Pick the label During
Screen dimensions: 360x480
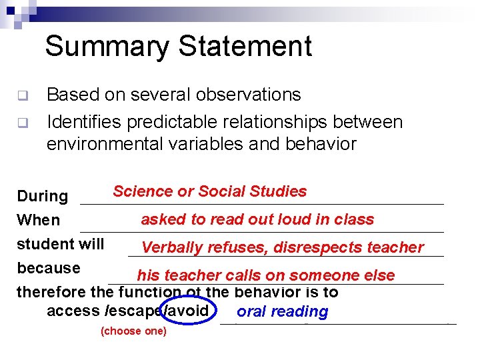[42, 196]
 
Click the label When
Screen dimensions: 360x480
[38, 220]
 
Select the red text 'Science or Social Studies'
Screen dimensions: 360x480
[209, 192]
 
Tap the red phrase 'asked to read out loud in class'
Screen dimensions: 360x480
[257, 219]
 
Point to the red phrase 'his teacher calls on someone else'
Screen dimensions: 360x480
[265, 275]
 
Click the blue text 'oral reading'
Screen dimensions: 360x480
[282, 311]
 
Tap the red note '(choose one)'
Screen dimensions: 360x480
[133, 331]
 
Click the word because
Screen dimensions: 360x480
[48, 268]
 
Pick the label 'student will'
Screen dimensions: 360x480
[60, 244]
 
